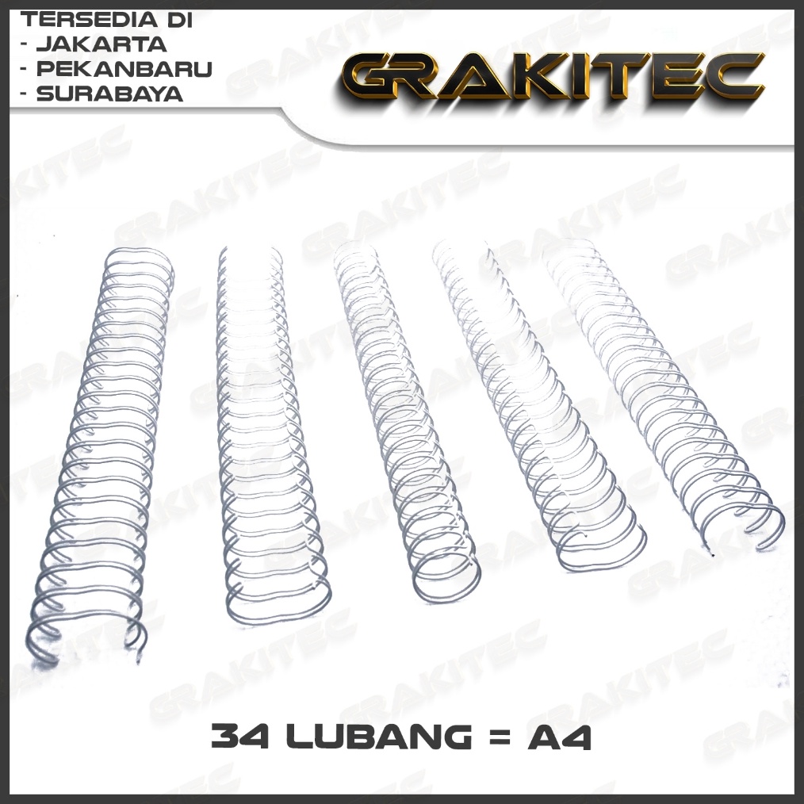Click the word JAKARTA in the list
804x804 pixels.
(101, 44)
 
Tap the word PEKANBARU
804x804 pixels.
(124, 69)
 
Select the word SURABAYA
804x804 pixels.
(109, 94)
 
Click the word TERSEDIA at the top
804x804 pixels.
(82, 20)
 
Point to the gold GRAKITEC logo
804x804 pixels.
(553, 75)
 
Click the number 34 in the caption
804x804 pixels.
(240, 737)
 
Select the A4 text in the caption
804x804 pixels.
(560, 737)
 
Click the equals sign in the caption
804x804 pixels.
(496, 737)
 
